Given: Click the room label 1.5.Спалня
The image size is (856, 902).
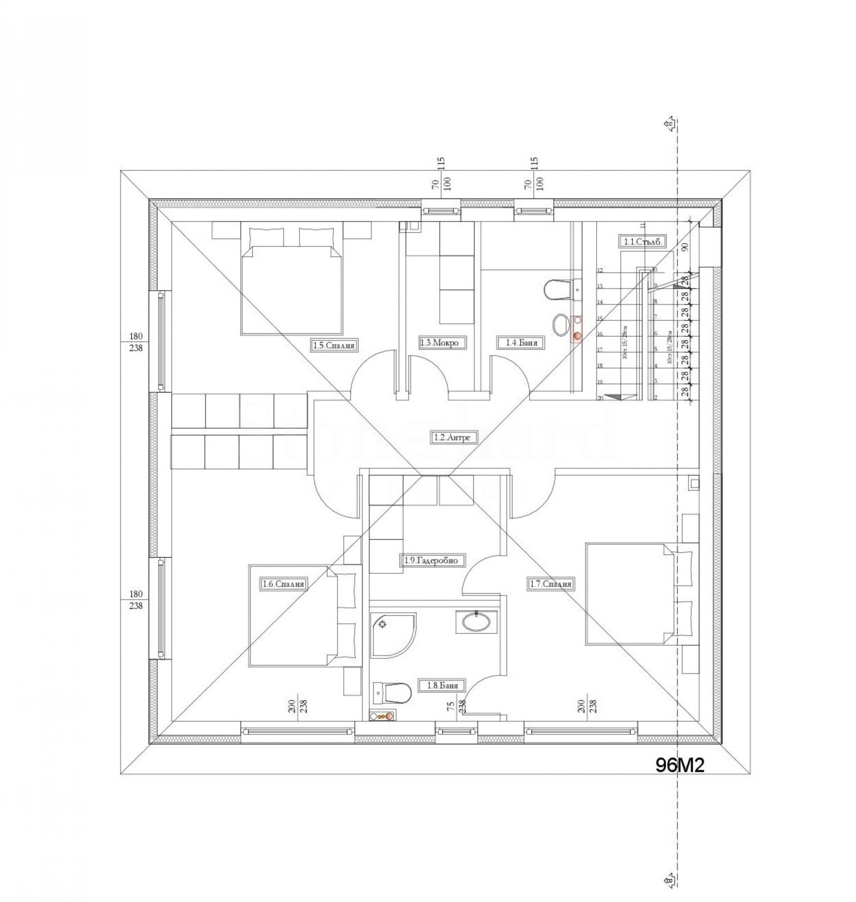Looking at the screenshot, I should point(334,346).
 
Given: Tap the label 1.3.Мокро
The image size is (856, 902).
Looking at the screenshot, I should point(439,343).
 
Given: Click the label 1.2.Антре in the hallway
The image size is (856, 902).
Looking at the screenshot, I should point(451,437).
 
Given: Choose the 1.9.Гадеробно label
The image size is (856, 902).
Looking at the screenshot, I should point(432,560).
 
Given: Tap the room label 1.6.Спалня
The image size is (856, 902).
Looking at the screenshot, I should point(284,584).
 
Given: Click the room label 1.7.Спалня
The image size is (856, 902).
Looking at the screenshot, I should point(551,584).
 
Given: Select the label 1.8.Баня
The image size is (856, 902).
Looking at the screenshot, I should point(442,685).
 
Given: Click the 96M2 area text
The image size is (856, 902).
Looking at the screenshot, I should point(679,765).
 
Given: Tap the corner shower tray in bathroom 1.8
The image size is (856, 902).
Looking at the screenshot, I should point(392,635).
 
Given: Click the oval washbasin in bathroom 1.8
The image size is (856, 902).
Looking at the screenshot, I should point(476,622).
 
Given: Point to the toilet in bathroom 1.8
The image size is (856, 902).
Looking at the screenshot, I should point(393,694).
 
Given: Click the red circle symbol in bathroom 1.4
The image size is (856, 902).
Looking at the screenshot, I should point(577,336).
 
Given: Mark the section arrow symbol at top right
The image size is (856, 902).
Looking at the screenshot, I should point(669,124).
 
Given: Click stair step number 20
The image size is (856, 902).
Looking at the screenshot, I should point(600,398).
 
